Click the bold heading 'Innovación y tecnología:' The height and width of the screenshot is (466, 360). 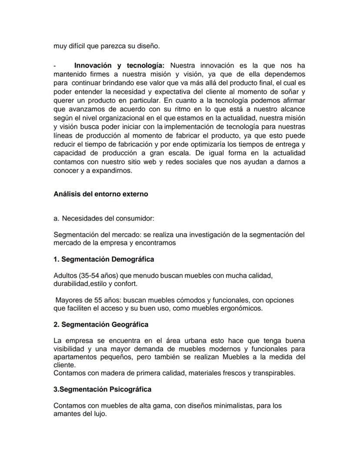click(x=119, y=65)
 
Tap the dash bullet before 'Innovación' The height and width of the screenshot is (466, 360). click(x=55, y=65)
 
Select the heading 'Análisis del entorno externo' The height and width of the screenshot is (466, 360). click(x=100, y=194)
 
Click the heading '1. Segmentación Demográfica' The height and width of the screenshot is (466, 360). click(x=103, y=259)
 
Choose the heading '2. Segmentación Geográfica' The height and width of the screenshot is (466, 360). click(x=101, y=325)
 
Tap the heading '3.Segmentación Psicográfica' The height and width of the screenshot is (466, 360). click(x=102, y=389)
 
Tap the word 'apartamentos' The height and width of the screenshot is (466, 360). click(x=74, y=357)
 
